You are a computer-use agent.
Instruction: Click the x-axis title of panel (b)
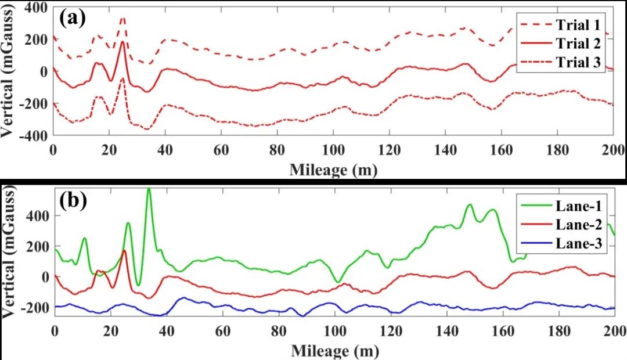pyautogui.click(x=334, y=351)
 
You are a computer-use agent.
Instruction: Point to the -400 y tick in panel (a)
pyautogui.click(x=35, y=135)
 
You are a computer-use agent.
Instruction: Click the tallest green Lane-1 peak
pyautogui.click(x=149, y=189)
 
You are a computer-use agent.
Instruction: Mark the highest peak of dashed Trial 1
pyautogui.click(x=122, y=18)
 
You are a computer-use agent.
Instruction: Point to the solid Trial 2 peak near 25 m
pyautogui.click(x=122, y=43)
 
